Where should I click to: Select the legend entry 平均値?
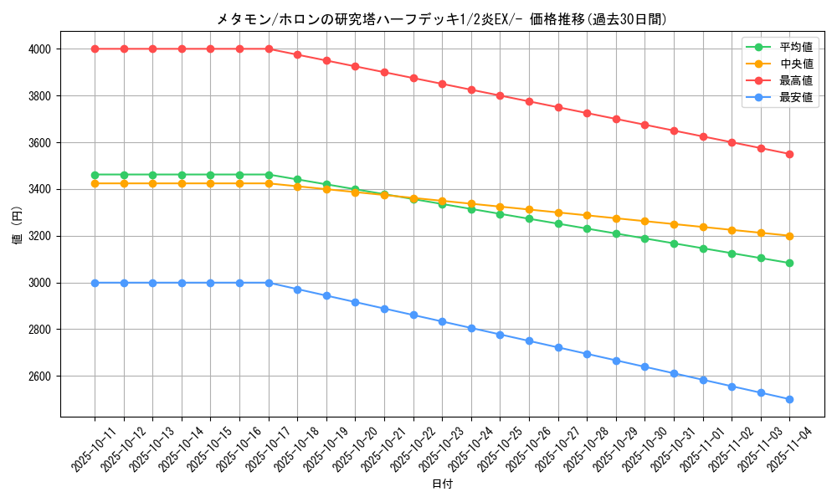point(795,48)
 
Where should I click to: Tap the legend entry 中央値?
point(795,64)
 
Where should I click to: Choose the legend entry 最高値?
point(795,80)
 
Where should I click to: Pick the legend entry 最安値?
point(795,97)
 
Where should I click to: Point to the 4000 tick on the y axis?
point(39,49)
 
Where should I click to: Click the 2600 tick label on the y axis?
point(39,376)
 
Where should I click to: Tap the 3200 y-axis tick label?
point(39,236)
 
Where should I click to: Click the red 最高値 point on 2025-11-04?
point(789,154)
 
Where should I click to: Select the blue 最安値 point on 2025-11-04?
point(789,399)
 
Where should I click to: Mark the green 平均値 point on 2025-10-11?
point(95,175)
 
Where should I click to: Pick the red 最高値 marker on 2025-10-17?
point(269,49)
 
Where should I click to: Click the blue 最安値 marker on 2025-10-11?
point(95,283)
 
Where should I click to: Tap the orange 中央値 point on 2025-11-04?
point(789,236)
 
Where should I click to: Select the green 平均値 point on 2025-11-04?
point(789,263)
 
